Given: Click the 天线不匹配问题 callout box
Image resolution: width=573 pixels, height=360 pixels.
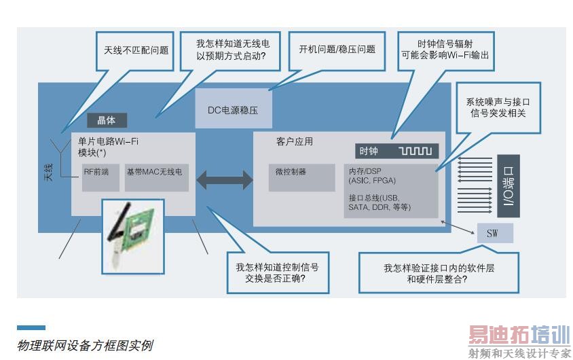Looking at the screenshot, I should click(x=136, y=50).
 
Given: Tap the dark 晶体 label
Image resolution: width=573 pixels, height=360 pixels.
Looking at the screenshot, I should click(x=107, y=121).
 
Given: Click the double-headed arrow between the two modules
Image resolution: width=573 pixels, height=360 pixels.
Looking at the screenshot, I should click(x=221, y=180).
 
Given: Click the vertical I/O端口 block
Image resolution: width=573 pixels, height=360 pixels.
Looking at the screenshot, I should click(x=508, y=185).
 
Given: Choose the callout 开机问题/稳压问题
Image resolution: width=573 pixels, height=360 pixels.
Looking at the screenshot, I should click(x=337, y=50).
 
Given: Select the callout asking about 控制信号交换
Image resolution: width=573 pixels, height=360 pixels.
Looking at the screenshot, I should click(x=277, y=272).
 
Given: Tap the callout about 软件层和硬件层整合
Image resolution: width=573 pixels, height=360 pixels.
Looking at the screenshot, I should click(x=439, y=272).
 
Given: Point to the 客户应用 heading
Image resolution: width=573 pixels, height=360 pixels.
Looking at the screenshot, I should click(x=295, y=142).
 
